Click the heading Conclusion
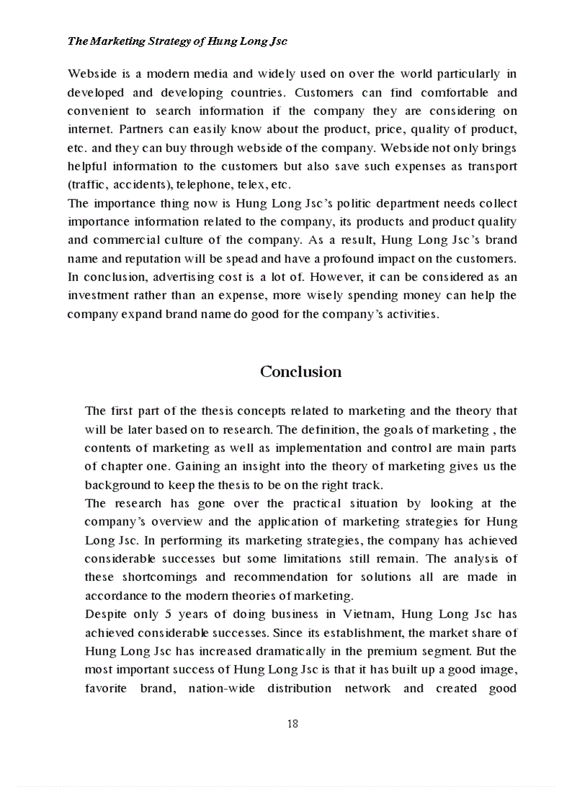tap(301, 371)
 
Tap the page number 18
tap(293, 724)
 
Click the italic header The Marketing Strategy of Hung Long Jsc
tap(177, 41)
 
